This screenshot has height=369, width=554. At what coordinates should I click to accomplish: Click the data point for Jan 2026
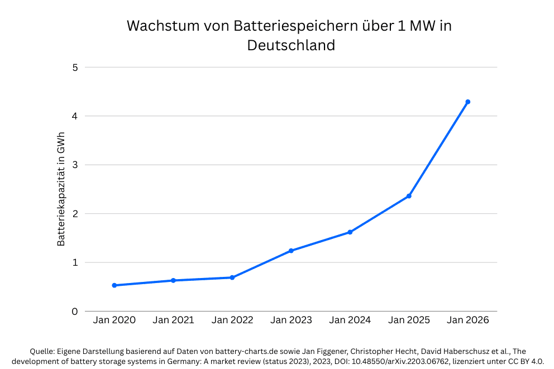tap(468, 102)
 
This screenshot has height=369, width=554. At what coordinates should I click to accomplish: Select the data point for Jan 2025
tap(409, 196)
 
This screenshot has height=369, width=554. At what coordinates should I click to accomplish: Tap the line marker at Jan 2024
tap(350, 232)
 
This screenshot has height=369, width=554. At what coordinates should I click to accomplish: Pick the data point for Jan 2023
tap(291, 251)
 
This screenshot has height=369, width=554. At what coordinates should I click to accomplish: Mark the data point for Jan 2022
tap(232, 277)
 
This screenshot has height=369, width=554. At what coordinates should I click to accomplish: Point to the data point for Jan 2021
tap(173, 280)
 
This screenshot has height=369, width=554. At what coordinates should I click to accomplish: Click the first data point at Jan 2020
tap(114, 285)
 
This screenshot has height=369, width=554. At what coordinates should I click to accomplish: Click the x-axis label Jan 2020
tap(114, 320)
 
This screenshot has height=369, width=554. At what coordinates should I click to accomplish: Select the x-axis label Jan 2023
tap(291, 320)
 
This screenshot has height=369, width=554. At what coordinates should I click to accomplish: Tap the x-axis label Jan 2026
tap(468, 320)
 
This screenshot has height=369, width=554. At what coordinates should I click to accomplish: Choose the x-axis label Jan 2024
tap(350, 320)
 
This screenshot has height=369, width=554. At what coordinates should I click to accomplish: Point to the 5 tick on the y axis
tap(75, 68)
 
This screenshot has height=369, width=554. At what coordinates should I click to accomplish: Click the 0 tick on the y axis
tap(75, 312)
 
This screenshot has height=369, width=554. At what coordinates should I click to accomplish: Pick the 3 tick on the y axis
tap(75, 165)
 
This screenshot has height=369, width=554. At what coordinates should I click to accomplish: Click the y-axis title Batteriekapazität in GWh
tap(61, 189)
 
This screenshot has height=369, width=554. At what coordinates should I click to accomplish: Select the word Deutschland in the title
tap(291, 45)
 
